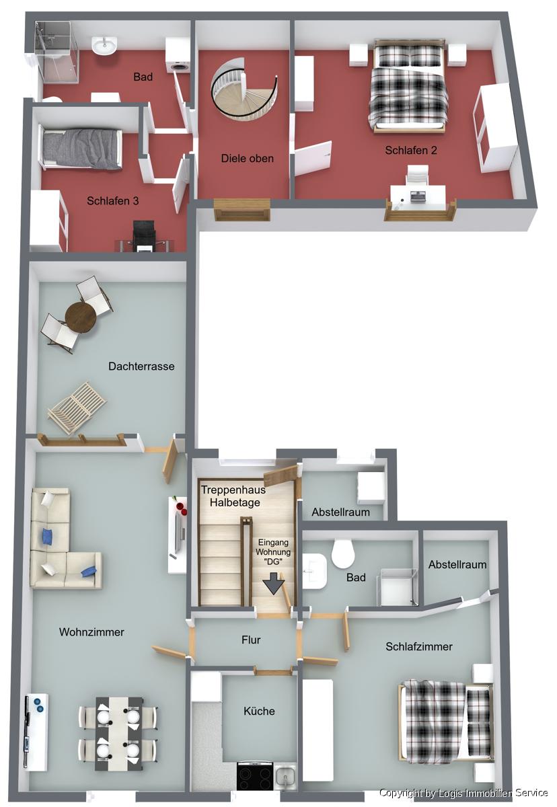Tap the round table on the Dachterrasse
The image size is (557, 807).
[x=81, y=317]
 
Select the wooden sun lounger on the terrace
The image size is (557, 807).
[x=77, y=407]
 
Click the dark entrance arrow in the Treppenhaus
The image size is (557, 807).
[x=274, y=582]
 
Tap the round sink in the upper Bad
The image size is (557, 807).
[x=104, y=46]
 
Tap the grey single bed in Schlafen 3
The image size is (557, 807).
[x=81, y=148]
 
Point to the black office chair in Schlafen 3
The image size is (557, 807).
[x=144, y=235]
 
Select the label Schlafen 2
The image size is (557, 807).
[x=411, y=150]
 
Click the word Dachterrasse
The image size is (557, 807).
[x=141, y=367]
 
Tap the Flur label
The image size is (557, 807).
[x=251, y=640]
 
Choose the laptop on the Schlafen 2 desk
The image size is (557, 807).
[x=418, y=196]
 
